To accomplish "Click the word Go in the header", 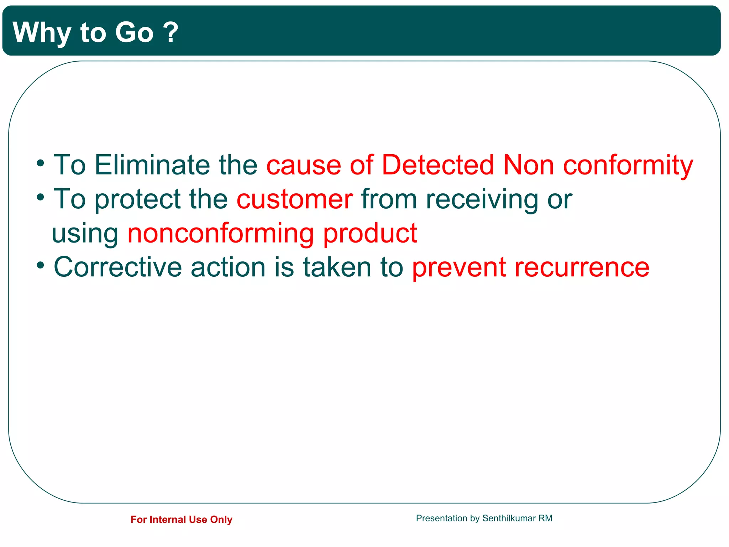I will point(134,33).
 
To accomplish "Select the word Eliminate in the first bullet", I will point(152,165).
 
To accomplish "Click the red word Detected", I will point(437,165).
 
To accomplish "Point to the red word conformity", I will point(628,166).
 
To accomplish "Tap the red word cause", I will point(304,166).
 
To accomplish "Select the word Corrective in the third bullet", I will point(117,267).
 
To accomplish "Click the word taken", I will point(337,267).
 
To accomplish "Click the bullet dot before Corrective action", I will point(41,265).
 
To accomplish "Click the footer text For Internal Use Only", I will point(181,520).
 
